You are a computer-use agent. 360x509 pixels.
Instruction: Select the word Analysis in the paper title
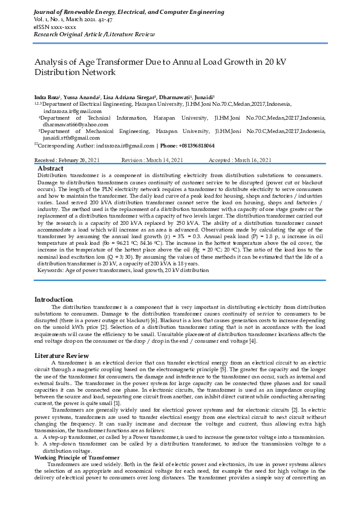51,62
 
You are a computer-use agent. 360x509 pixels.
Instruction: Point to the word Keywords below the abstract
52,270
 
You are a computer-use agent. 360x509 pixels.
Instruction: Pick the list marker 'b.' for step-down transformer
37,444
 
